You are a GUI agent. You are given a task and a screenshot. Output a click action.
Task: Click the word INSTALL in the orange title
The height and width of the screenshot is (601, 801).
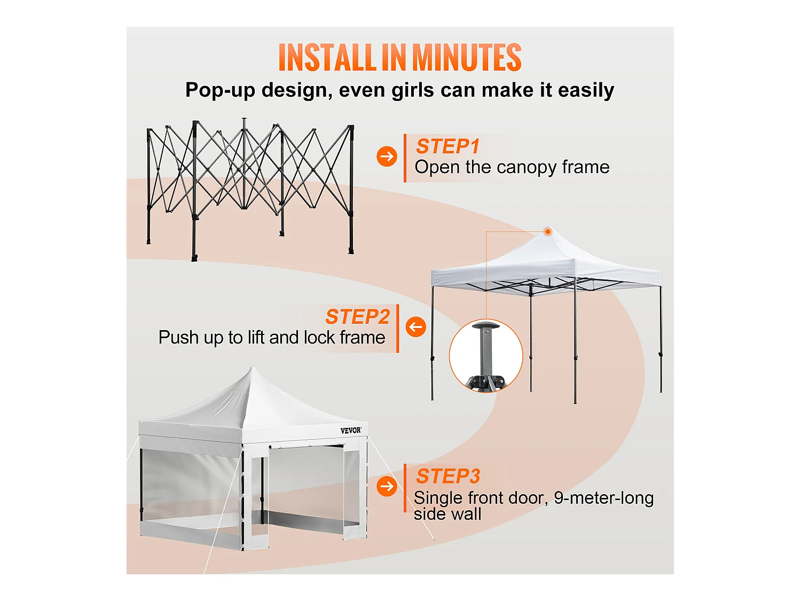coord(326,58)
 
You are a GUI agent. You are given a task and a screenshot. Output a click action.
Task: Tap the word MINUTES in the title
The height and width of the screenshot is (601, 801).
coord(466,58)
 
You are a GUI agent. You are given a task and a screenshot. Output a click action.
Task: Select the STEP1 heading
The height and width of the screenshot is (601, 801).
coord(447,146)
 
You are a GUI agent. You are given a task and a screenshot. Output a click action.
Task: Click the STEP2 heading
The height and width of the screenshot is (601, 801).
coord(357,317)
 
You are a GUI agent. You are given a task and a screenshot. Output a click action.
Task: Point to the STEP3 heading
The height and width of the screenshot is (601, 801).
coord(448,476)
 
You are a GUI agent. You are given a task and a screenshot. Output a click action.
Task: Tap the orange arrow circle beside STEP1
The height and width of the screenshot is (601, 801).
coord(387,157)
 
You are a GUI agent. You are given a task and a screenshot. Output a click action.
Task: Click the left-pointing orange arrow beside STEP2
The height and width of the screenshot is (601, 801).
coord(415,326)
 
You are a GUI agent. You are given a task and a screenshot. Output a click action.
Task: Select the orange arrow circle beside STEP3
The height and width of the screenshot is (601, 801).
coord(387,486)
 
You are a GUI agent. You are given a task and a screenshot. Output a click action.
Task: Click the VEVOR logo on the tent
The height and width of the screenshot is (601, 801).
coord(351,431)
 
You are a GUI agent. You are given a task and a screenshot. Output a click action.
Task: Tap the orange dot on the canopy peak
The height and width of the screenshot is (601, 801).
coord(548,231)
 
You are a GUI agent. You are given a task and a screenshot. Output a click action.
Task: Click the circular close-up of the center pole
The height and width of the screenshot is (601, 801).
coord(486,356)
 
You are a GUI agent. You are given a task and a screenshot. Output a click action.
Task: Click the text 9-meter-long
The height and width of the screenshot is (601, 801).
coord(603,498)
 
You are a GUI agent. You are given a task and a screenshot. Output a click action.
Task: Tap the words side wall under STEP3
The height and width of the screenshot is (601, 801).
coord(447,514)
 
